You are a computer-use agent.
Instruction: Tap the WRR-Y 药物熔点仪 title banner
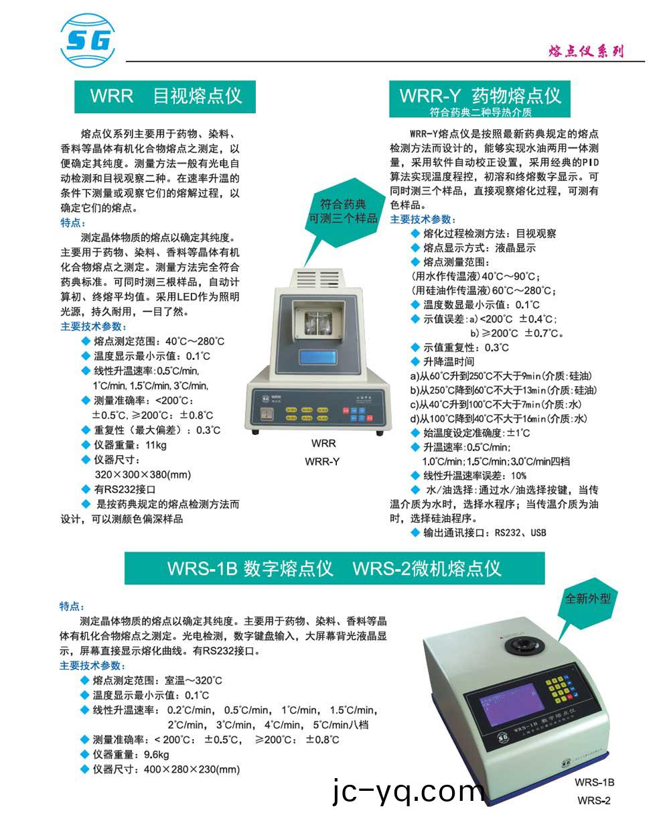coord(480,99)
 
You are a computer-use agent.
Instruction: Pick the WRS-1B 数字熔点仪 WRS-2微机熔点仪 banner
coord(334,569)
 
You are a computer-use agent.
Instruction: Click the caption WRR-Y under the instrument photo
coord(323,461)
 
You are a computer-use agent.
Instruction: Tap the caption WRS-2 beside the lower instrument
coord(594,800)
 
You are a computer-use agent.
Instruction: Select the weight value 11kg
coord(156,445)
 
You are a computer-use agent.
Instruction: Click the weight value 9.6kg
coord(156,755)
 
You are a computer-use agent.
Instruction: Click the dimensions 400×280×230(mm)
coord(192,769)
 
